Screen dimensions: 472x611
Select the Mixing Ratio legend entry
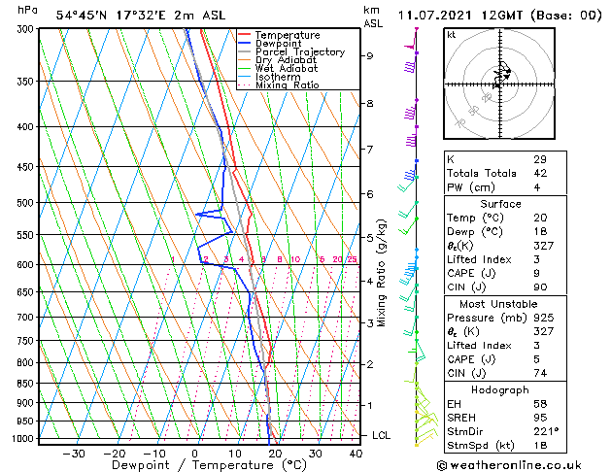click(x=287, y=85)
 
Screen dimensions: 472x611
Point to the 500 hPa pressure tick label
click(x=26, y=203)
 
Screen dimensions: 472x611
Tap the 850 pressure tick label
click(x=26, y=384)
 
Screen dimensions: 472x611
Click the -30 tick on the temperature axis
click(x=74, y=454)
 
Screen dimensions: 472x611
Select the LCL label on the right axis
click(x=382, y=435)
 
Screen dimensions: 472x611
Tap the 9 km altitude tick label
click(x=369, y=55)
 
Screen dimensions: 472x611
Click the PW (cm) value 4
click(x=537, y=187)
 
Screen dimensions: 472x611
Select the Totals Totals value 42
click(x=540, y=173)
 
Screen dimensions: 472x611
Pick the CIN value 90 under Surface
click(x=540, y=287)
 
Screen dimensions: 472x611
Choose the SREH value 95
click(x=540, y=418)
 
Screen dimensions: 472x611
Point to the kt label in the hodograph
click(x=451, y=34)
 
